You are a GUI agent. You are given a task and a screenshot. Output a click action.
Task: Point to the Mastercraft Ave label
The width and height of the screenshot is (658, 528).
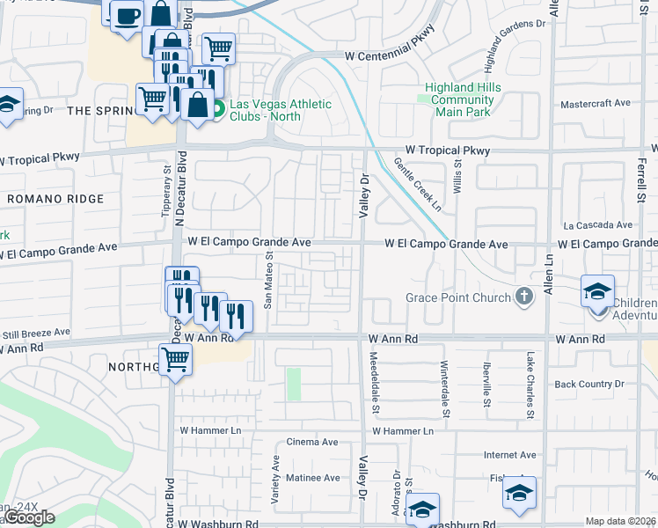point(596,103)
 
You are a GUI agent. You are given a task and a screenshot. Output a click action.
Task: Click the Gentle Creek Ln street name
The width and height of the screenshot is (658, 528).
point(417,185)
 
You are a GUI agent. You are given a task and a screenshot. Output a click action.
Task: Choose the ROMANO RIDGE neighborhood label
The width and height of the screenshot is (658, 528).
point(55,200)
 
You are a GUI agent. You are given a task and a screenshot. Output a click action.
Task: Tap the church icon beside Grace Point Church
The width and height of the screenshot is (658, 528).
point(524,297)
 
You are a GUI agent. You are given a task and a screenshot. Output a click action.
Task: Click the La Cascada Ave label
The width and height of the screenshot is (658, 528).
point(598,225)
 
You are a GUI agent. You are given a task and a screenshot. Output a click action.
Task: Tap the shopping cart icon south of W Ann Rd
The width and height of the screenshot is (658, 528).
point(176,358)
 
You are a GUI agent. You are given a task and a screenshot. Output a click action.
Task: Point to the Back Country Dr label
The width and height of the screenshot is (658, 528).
point(589,385)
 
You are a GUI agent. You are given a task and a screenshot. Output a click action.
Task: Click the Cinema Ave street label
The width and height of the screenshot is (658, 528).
point(312,442)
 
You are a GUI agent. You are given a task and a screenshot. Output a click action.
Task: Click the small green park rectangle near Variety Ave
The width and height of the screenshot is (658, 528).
point(294,384)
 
